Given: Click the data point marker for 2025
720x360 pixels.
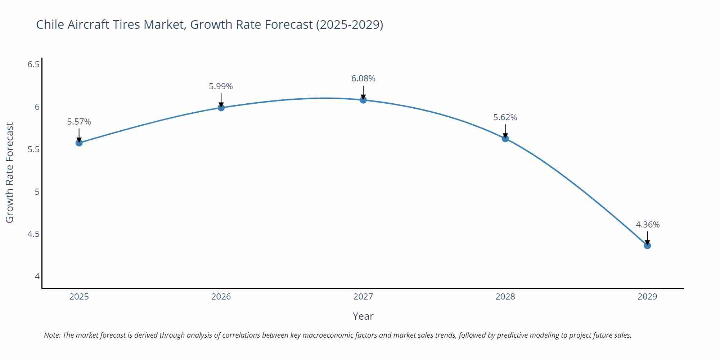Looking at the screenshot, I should click(x=79, y=143).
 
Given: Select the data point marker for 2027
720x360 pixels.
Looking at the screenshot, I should click(x=363, y=100).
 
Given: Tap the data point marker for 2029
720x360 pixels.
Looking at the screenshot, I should click(x=647, y=246).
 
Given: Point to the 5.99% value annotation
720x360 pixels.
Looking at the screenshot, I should click(x=221, y=86).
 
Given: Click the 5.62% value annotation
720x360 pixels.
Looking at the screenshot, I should click(x=505, y=117).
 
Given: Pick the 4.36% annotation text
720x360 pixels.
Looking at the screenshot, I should click(x=647, y=225).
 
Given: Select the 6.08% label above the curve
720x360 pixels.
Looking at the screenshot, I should click(x=363, y=78).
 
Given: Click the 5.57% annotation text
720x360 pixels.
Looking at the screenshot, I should click(x=79, y=122).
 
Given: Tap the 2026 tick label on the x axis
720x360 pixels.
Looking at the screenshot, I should click(x=221, y=297).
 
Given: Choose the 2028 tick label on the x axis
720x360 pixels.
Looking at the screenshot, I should click(x=505, y=297).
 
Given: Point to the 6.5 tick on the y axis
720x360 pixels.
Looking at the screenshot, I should click(x=33, y=64).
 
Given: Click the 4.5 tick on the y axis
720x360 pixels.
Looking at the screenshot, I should click(x=33, y=234).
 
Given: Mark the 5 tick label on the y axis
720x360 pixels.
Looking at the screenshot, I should click(x=37, y=192).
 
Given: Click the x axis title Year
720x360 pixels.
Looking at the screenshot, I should click(x=363, y=316).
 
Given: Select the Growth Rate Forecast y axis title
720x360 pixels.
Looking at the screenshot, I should click(x=10, y=172).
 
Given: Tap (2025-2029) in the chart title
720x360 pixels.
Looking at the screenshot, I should click(x=349, y=24).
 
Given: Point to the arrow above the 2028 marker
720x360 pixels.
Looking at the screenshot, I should click(x=505, y=131).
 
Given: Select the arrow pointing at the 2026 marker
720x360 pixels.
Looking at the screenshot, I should click(x=221, y=100).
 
